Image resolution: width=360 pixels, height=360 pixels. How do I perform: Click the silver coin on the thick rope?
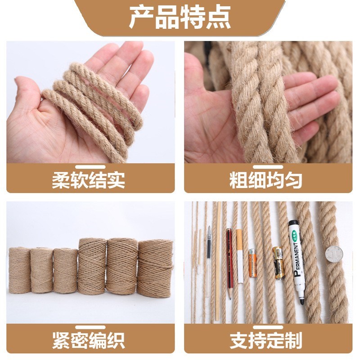point(334,255)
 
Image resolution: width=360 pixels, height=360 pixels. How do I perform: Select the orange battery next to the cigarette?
point(252,262)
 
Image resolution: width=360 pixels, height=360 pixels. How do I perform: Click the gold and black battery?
point(278,262)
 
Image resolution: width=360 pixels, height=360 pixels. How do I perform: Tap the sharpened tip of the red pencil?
point(229,295)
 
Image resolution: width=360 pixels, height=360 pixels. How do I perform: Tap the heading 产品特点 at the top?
point(180,18)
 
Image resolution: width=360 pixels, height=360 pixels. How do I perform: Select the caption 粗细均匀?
point(265,180)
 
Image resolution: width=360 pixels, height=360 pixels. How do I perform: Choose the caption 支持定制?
point(265,340)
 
